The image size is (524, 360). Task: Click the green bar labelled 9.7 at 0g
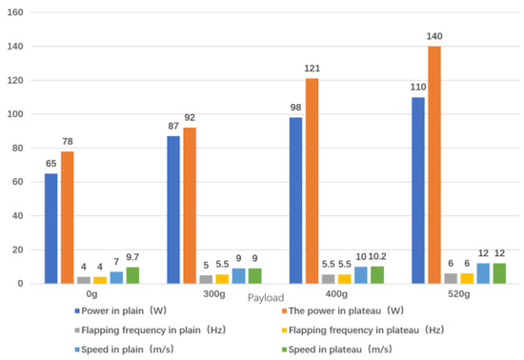pos(132,275)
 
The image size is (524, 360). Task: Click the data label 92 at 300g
pos(190,117)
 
